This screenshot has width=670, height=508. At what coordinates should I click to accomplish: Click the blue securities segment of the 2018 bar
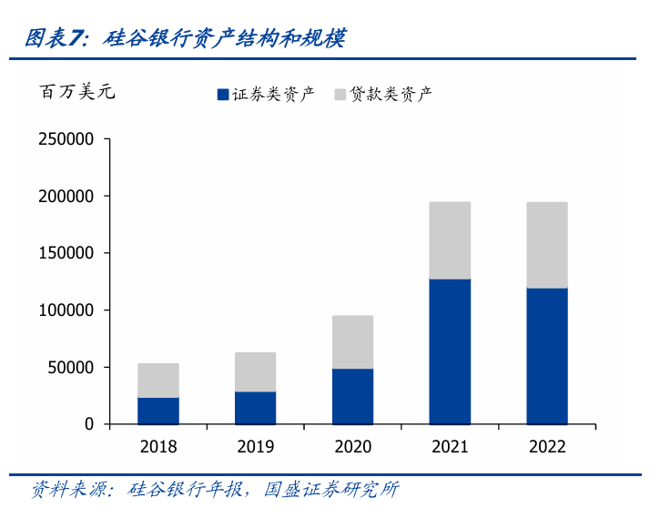[x=158, y=411]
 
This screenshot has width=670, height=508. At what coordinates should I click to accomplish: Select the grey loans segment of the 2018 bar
[x=158, y=381]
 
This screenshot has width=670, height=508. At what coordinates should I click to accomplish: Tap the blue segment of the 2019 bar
[x=256, y=408]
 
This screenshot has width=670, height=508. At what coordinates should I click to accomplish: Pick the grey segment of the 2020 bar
[x=352, y=342]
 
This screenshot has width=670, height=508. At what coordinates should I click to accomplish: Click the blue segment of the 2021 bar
[x=450, y=351]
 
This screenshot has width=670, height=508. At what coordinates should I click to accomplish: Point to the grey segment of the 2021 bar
[x=450, y=240]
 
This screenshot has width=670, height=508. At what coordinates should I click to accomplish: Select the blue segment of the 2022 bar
[x=547, y=356]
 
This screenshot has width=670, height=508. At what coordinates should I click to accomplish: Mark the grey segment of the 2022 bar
[x=547, y=245]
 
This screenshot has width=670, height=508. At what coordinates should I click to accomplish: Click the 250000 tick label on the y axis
[x=66, y=139]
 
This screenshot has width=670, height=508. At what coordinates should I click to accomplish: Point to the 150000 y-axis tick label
[x=66, y=253]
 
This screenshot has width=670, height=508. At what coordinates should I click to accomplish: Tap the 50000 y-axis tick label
[x=71, y=368]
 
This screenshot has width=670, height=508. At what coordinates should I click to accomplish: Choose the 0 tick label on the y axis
[x=89, y=424]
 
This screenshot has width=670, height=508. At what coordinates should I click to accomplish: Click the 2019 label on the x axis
[x=256, y=446]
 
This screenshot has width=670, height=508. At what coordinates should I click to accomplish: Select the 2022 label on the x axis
[x=547, y=446]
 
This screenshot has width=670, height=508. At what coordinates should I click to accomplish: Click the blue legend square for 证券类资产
[x=222, y=94]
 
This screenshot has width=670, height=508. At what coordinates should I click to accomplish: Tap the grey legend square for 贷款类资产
[x=340, y=94]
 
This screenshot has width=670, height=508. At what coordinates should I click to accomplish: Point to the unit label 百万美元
[x=77, y=92]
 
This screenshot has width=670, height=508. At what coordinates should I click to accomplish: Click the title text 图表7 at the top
[x=55, y=38]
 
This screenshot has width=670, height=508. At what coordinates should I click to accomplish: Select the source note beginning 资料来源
[x=214, y=489]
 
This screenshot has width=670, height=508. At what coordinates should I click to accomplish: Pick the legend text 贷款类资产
[x=391, y=94]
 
